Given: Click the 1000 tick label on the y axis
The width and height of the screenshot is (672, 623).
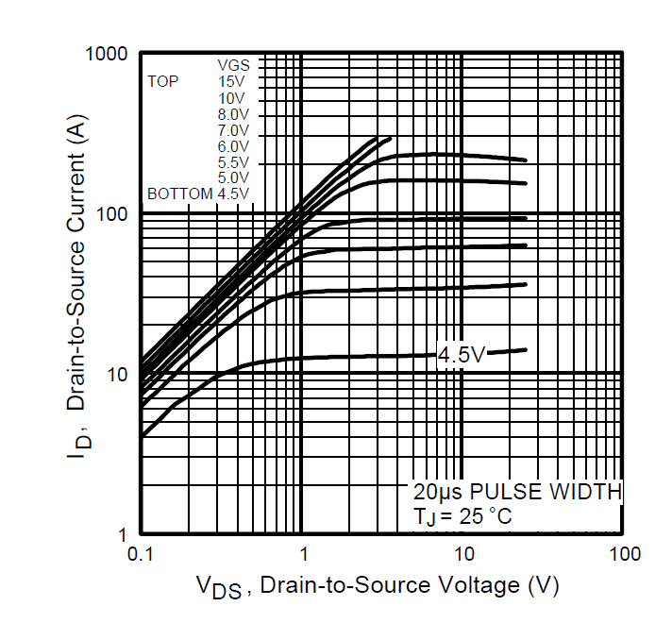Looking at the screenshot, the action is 107,54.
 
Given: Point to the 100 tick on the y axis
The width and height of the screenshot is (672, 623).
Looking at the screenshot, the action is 112,214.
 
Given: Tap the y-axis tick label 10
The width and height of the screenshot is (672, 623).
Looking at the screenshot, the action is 117,375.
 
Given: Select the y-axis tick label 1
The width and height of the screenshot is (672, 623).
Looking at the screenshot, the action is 123,534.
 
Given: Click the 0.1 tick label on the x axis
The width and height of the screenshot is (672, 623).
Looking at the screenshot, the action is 140,554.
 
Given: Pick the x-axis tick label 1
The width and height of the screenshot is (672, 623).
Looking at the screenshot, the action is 303,554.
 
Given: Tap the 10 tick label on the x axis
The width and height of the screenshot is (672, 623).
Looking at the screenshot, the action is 463,554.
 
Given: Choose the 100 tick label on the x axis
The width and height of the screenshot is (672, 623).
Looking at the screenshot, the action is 626,554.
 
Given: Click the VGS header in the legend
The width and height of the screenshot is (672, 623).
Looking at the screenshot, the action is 233,65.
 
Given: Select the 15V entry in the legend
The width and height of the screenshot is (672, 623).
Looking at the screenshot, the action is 231,81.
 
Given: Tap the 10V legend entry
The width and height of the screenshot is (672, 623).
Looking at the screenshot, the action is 231,98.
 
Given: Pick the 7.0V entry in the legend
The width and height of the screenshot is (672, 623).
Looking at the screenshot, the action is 233,130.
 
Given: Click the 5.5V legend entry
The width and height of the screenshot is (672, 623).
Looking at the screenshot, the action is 233,162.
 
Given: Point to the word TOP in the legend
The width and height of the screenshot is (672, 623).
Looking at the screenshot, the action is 163,81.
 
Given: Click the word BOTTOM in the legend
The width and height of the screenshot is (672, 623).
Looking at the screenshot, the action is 180,194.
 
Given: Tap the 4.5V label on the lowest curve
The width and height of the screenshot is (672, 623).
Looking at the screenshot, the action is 462,355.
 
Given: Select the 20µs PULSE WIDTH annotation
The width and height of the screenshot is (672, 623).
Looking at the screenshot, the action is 518,492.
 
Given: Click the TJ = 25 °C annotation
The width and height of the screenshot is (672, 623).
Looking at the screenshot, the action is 462,516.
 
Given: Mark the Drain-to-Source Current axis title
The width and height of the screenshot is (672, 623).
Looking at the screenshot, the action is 77,286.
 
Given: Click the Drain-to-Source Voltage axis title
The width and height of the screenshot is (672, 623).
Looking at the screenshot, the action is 378,586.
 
